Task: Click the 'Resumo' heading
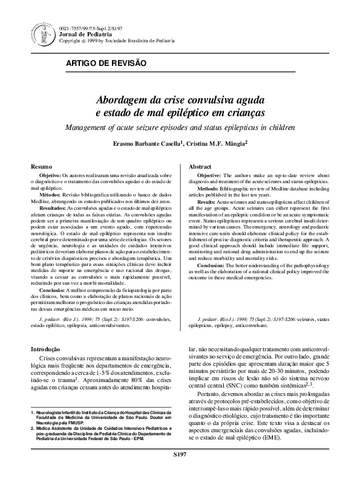41,166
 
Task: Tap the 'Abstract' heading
200,166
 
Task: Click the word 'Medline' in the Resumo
41,201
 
